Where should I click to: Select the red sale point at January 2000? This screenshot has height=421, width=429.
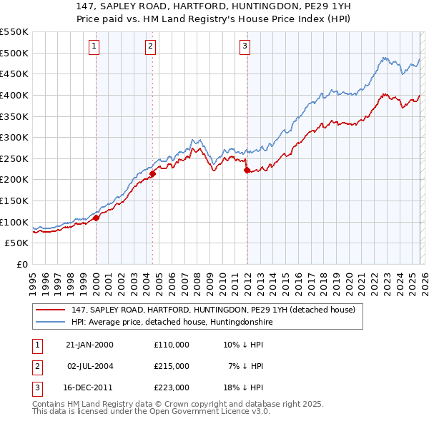tap(96, 218)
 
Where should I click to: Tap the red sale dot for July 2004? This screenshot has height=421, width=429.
tap(152, 173)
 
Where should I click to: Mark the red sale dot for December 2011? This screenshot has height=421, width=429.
tap(247, 170)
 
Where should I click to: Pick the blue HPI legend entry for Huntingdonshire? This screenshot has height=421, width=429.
tap(172, 323)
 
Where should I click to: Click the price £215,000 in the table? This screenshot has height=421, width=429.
tap(171, 366)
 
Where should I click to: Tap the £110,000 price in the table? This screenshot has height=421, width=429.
tap(171, 345)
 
